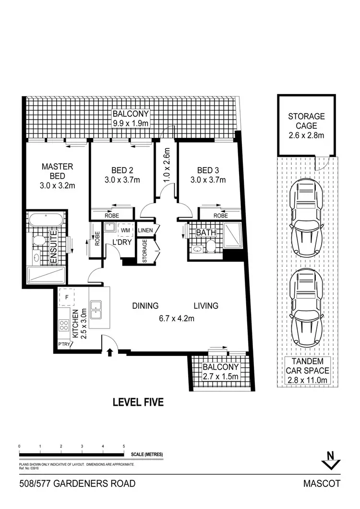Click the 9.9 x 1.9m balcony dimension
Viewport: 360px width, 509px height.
(x=131, y=124)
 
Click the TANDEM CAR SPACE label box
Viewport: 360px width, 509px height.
(x=306, y=370)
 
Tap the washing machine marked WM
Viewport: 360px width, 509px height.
(x=126, y=231)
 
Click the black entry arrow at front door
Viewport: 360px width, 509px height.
(x=110, y=353)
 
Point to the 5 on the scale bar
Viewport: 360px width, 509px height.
(x=124, y=446)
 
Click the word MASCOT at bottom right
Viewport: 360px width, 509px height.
(x=323, y=484)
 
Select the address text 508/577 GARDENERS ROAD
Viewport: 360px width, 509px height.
(x=71, y=484)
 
